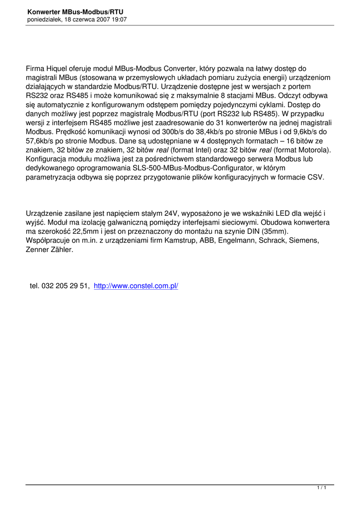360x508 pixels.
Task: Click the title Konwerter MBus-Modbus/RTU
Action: [75, 11]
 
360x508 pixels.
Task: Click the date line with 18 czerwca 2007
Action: [77, 19]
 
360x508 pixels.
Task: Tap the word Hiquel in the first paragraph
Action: [58, 68]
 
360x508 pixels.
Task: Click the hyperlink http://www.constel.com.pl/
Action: [136, 286]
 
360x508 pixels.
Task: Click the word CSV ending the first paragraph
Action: [315, 177]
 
